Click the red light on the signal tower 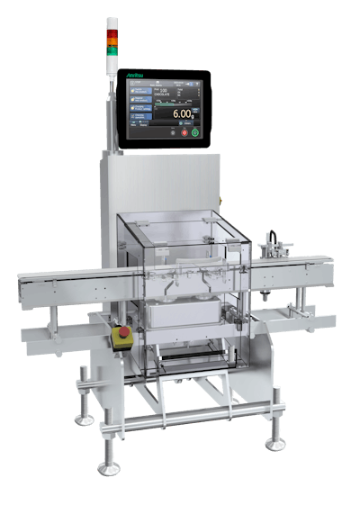tap(112, 32)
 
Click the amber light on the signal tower tap(112, 40)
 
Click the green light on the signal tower tap(112, 49)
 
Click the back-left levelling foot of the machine tap(84, 416)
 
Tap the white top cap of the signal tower tap(112, 21)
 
